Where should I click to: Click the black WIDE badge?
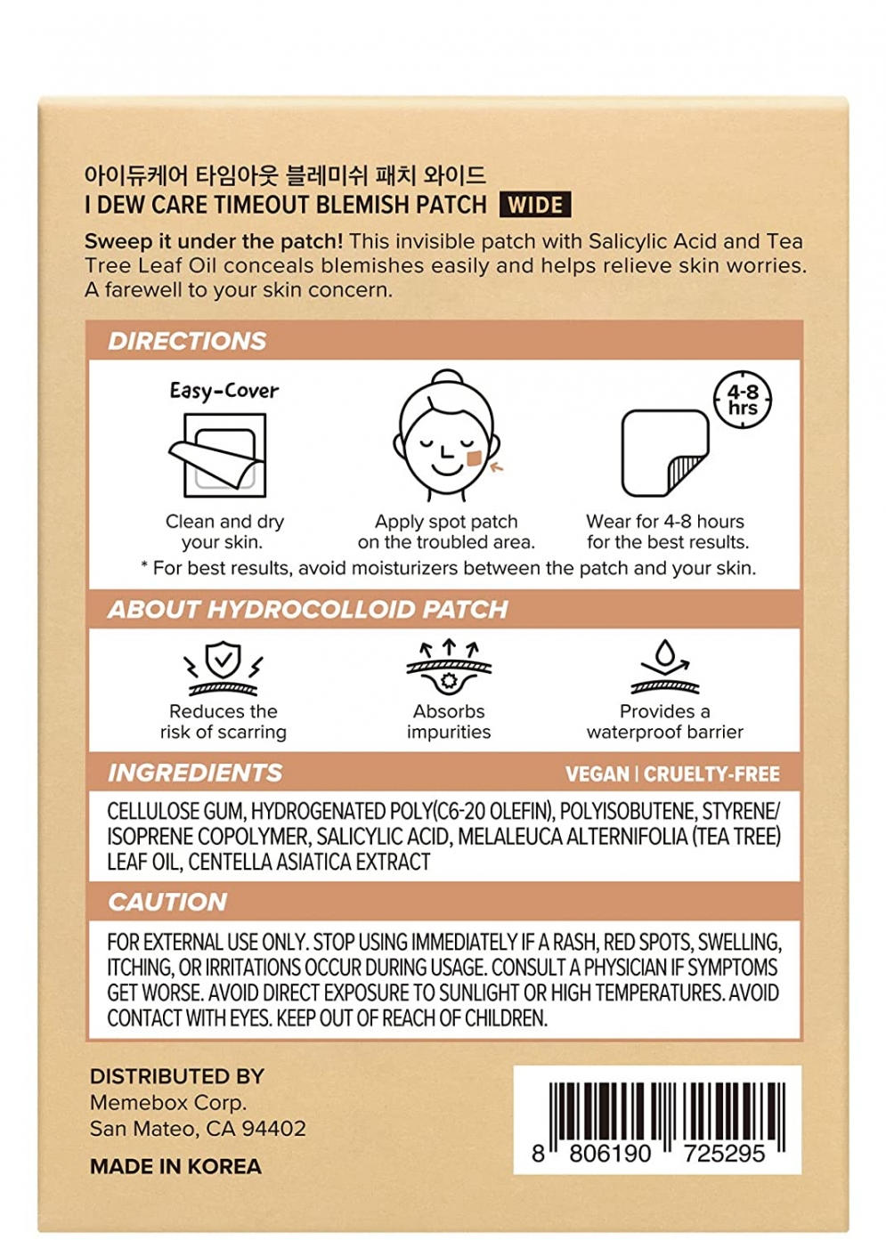pos(534,206)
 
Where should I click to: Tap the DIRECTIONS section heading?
pos(187,341)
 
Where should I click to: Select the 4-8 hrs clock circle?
pos(743,400)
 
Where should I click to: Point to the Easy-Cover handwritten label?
pos(224,391)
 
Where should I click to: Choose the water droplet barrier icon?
pos(665,666)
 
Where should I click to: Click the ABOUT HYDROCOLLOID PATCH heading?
pos(307,610)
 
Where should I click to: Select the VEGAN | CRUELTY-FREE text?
pos(672,774)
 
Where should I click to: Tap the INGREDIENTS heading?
pos(195,773)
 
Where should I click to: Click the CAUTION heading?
pos(167,903)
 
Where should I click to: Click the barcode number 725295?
pos(724,1154)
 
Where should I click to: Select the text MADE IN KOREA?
pos(175,1167)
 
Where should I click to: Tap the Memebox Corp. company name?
pos(167,1103)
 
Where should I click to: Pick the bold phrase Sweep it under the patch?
pos(214,241)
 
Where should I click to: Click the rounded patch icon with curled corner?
pos(664,452)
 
